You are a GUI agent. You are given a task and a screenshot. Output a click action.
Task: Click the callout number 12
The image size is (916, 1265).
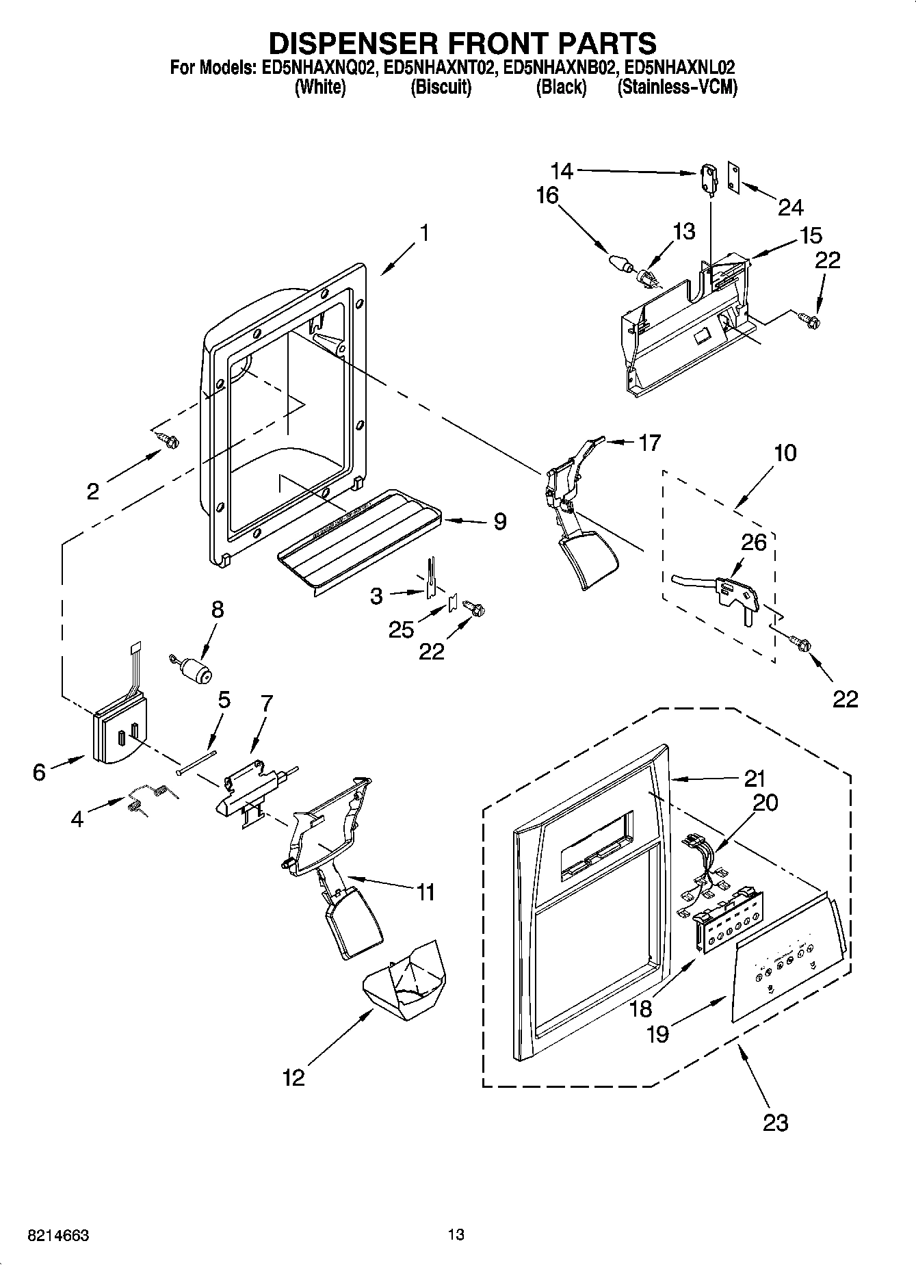point(293,1078)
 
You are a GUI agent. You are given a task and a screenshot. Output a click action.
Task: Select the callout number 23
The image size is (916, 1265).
point(776,1122)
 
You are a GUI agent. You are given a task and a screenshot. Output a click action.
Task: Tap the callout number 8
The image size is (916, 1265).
point(217,610)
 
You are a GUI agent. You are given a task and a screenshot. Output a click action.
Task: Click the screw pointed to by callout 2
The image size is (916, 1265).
point(167,442)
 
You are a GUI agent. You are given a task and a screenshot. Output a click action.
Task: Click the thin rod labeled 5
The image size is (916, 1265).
point(196,762)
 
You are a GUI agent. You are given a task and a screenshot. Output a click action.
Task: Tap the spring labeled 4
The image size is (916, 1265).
point(147,797)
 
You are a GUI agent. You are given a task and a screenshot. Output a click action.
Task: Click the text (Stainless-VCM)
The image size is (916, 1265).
point(677,88)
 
